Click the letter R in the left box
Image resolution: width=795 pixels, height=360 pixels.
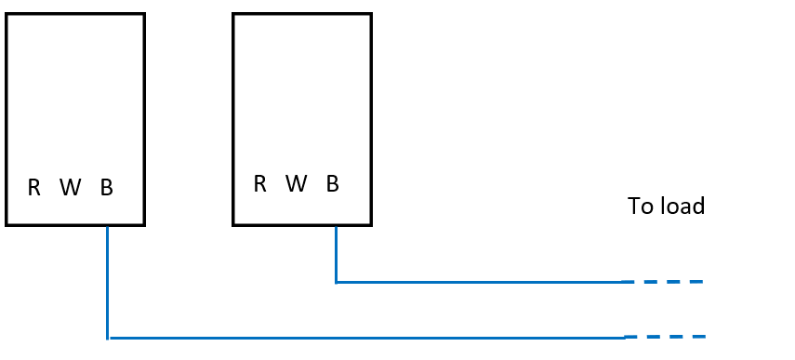point(34,188)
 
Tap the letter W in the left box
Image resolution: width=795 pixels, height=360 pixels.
point(70,188)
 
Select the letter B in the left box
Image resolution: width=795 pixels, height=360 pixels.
point(107,188)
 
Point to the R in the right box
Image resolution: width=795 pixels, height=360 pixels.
point(260,184)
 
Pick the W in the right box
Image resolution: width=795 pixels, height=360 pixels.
point(296,184)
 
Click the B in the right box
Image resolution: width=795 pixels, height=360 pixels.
point(333,184)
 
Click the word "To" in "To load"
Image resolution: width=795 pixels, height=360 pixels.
point(641,207)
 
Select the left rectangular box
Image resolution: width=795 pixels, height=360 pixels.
point(75,93)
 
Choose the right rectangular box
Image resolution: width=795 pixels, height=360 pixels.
point(302,93)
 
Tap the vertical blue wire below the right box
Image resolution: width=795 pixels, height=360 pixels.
point(336,253)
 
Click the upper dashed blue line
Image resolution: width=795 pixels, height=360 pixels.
point(663,281)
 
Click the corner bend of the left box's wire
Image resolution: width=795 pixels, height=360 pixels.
point(109,337)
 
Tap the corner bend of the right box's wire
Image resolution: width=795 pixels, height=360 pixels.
point(337,281)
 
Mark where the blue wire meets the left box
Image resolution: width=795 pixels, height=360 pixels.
point(108,225)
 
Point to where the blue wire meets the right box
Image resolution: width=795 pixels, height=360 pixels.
point(336,225)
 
